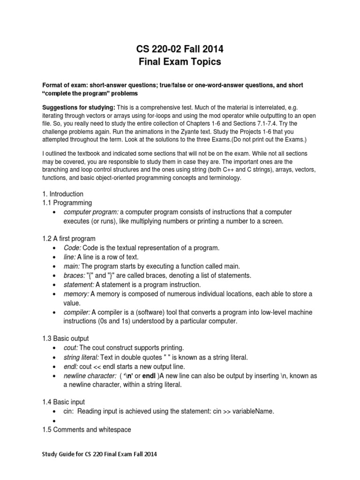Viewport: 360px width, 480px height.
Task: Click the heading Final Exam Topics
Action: tap(180, 61)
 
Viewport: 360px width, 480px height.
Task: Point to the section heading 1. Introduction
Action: tap(62, 194)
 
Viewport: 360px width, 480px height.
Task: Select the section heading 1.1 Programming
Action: tap(67, 202)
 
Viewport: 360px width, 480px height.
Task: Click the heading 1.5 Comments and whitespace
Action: tap(87, 429)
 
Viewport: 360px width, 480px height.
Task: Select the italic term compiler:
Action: tap(77, 312)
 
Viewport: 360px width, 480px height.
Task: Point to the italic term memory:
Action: tap(76, 293)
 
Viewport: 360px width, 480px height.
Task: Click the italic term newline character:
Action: tap(90, 375)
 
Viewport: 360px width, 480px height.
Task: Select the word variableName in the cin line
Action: tap(252, 411)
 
